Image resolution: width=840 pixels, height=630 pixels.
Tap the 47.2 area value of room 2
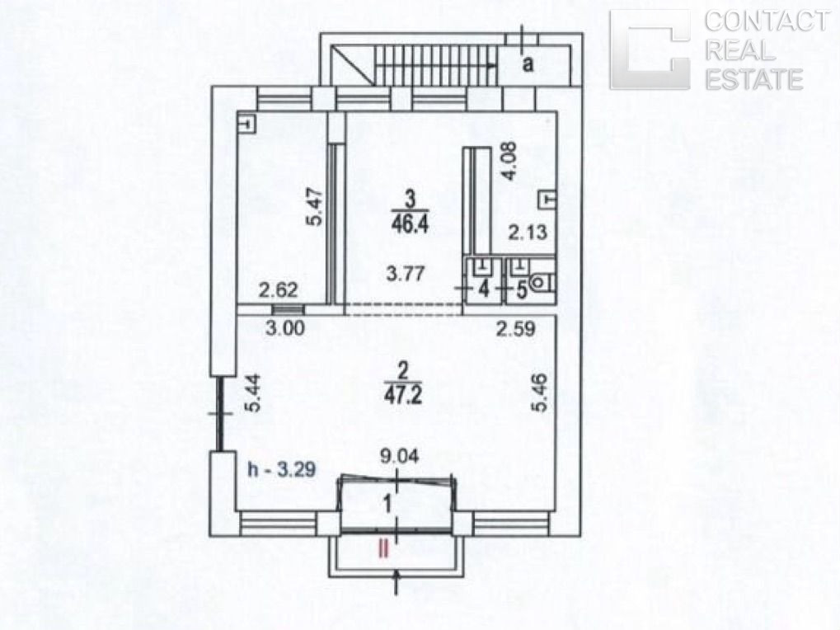(x=403, y=394)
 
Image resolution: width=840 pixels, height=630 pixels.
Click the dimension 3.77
(x=406, y=274)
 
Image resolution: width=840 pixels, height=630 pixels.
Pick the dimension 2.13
(x=528, y=232)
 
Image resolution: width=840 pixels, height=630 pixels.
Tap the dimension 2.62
(x=278, y=290)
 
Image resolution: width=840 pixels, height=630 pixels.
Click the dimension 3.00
(x=285, y=328)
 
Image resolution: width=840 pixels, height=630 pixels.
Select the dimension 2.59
(x=515, y=328)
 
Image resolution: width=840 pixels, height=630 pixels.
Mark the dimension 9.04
(x=399, y=457)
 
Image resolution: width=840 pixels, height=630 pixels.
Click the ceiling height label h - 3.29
(x=281, y=469)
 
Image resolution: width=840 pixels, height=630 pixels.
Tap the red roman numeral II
(x=383, y=549)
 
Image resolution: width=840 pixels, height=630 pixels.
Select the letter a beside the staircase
(x=528, y=65)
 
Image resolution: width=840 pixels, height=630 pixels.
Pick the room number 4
(x=484, y=289)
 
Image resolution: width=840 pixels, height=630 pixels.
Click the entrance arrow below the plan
(x=396, y=583)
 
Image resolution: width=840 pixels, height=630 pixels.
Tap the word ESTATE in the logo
(x=753, y=79)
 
